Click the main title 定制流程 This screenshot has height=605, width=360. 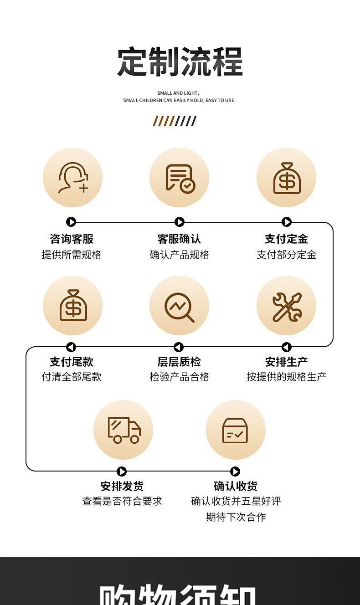180,62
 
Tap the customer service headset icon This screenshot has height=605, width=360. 72,178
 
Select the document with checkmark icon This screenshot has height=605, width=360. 179,178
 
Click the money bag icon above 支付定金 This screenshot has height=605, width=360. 287,178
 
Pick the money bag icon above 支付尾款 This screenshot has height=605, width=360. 72,305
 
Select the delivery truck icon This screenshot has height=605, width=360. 123,430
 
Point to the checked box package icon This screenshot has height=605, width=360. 235,430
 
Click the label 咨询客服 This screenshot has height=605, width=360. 72,239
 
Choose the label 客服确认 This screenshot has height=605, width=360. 179,239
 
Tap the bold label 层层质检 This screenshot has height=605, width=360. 179,362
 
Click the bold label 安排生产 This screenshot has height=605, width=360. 287,362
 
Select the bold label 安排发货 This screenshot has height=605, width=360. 122,486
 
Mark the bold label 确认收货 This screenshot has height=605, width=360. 236,486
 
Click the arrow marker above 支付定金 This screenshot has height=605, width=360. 287,222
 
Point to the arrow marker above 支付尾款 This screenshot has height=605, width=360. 71,347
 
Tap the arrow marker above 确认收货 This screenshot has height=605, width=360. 235,472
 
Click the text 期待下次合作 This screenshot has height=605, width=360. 236,517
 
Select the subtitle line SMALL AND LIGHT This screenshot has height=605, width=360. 178,93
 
